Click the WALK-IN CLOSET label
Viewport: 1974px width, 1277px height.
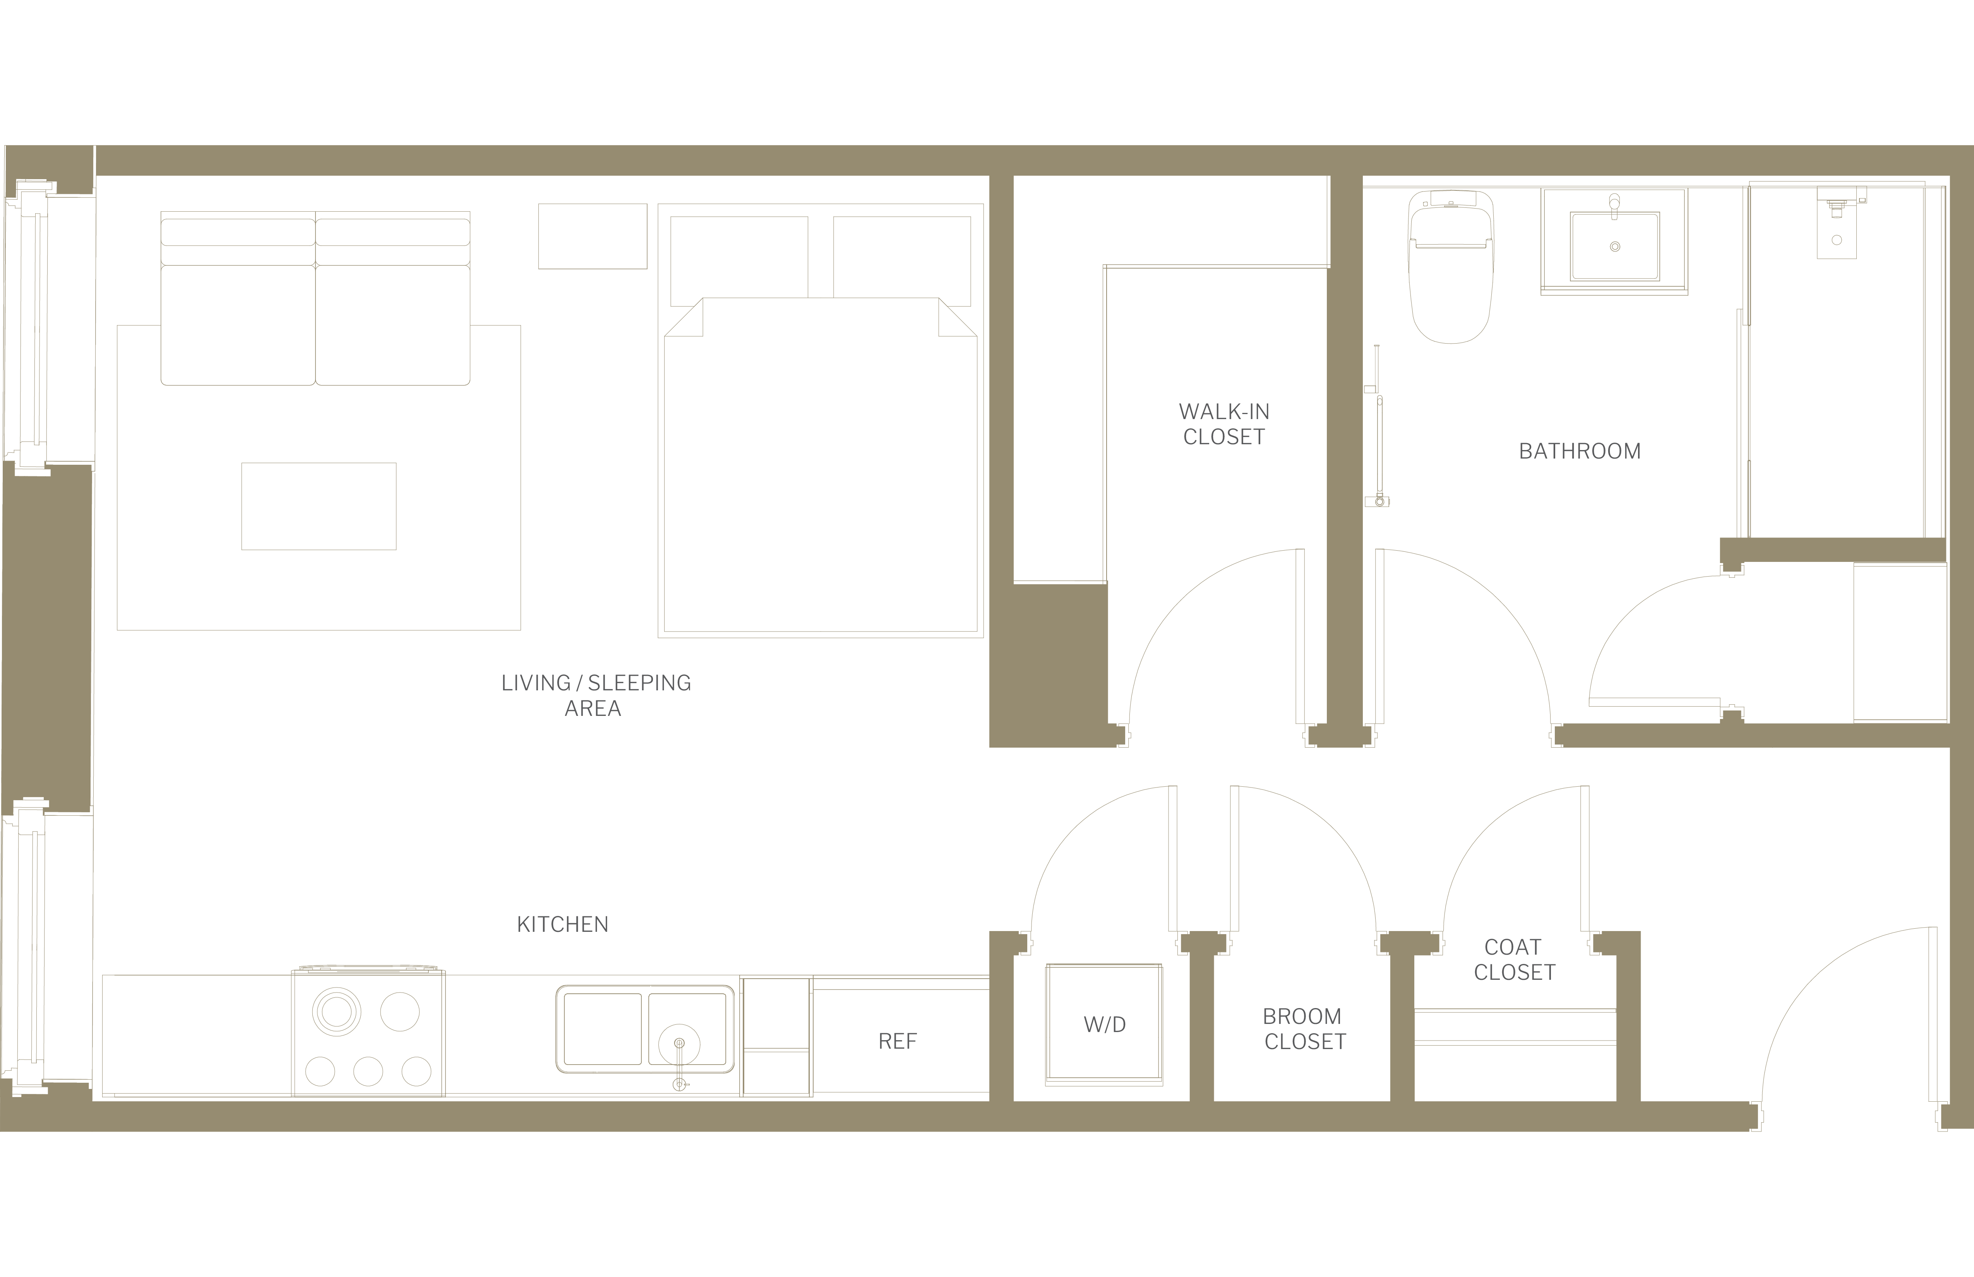pos(1224,424)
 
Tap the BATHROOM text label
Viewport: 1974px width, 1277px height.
pos(1579,451)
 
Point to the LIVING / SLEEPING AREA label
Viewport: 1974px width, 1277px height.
pos(596,695)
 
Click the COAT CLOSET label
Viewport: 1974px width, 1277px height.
pos(1515,959)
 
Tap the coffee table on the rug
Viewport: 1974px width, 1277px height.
pos(319,506)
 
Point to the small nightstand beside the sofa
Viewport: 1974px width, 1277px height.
pos(592,236)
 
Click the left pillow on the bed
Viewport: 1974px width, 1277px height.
pos(739,257)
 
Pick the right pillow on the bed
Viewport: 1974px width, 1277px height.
pos(901,257)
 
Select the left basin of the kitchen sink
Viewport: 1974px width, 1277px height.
pos(603,1028)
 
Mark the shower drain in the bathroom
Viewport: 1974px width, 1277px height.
pos(1837,240)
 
